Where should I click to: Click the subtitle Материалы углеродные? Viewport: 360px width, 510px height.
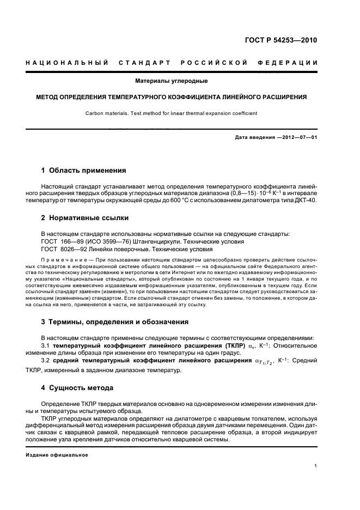click(x=172, y=81)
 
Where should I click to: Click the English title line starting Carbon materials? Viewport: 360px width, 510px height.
click(x=171, y=113)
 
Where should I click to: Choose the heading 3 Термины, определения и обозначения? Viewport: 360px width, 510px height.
click(x=115, y=321)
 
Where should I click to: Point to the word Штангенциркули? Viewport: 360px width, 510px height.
click(x=142, y=241)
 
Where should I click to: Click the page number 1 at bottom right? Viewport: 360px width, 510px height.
click(x=316, y=466)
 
